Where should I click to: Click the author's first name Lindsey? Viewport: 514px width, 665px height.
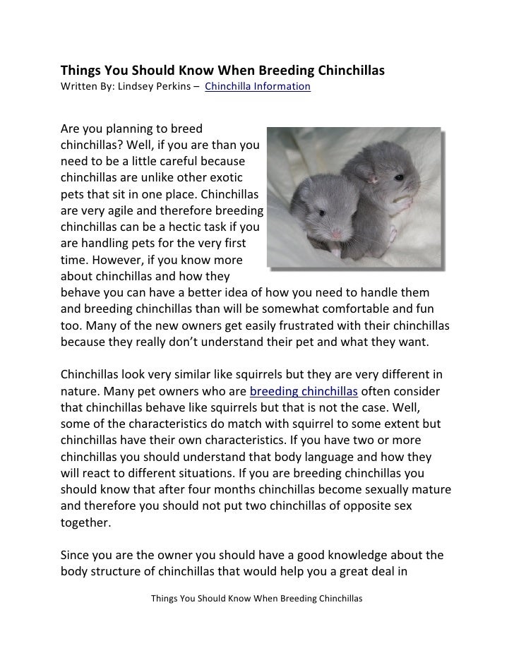coord(143,87)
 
